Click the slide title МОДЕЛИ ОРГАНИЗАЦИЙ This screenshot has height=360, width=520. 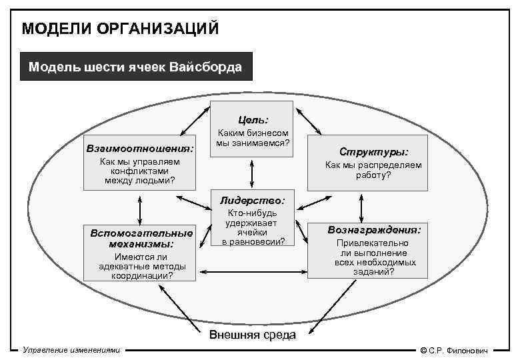point(120,29)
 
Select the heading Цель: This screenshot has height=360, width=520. point(251,120)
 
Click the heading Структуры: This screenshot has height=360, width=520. point(373,151)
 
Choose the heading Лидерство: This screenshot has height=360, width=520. point(252,200)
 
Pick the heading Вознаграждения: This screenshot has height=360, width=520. point(373,229)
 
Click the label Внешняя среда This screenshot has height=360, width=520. point(252,335)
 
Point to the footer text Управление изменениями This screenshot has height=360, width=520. point(71,350)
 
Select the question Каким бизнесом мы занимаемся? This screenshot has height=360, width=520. point(252,138)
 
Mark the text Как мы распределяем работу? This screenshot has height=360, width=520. point(373,170)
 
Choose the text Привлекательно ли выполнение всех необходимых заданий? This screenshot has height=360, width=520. point(373,257)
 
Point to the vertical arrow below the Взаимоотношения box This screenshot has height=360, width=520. point(140,209)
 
